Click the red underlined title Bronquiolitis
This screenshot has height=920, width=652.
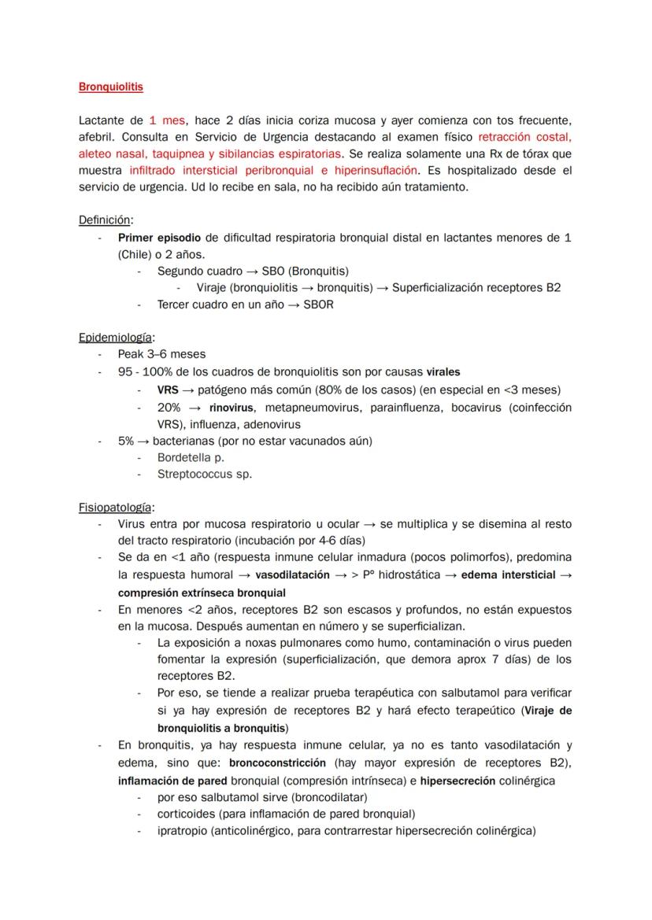tap(111, 87)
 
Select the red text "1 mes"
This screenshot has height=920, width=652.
tap(167, 120)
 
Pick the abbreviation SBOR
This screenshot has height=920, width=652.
tap(318, 305)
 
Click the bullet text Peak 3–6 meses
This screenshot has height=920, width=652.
tap(161, 354)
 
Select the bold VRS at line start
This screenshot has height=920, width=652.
tap(167, 390)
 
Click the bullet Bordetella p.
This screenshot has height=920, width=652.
tap(191, 457)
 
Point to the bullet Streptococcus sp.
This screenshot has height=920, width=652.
tap(205, 474)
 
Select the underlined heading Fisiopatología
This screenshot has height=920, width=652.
tap(116, 507)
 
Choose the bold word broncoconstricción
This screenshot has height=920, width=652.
tap(277, 763)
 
